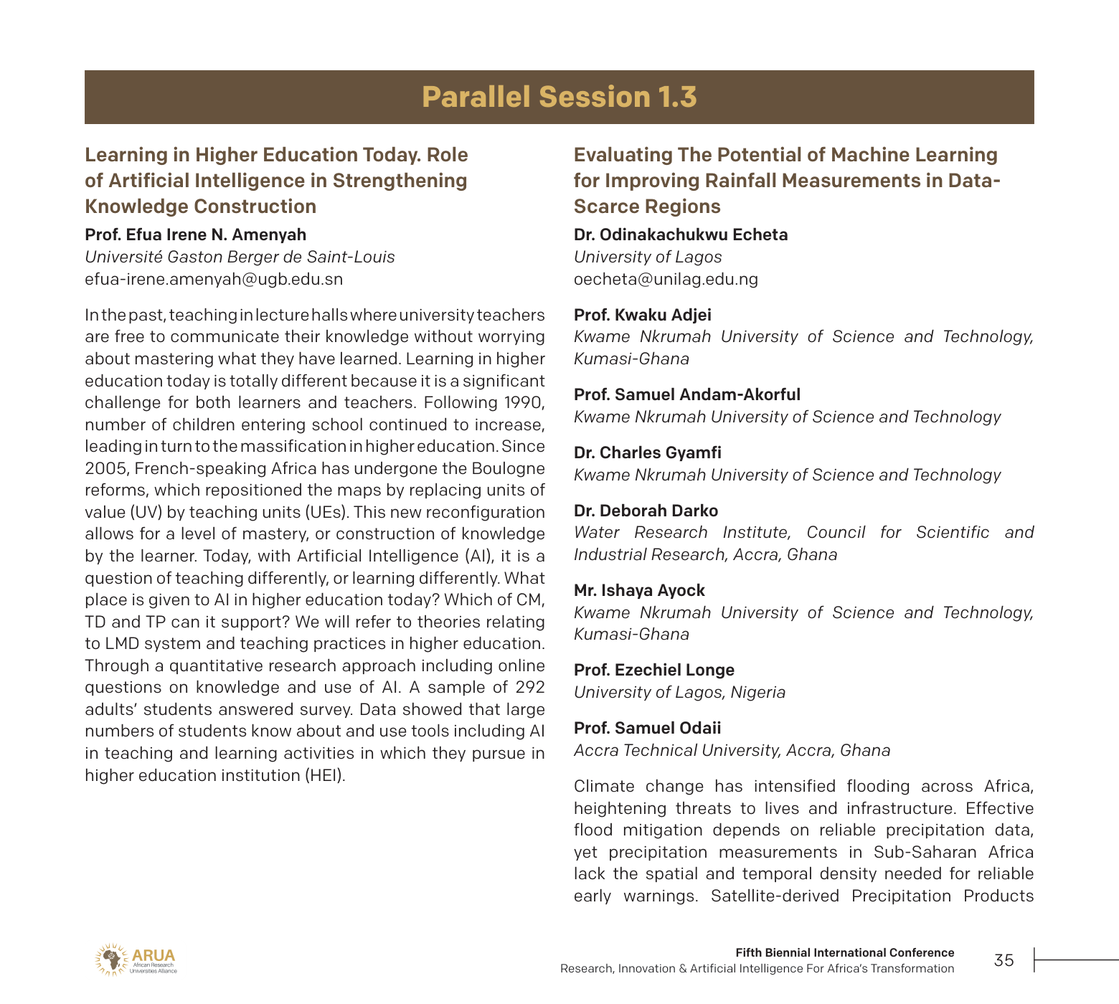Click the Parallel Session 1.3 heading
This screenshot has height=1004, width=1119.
click(x=559, y=98)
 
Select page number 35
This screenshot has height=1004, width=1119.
click(x=1004, y=960)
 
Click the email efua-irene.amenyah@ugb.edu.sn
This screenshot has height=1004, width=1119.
click(x=214, y=279)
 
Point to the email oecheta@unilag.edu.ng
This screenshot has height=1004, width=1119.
click(x=666, y=279)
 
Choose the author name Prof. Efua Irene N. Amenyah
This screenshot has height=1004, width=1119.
click(x=195, y=235)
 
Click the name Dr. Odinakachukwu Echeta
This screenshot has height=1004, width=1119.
click(x=680, y=235)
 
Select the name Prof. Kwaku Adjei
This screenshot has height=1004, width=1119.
click(x=642, y=315)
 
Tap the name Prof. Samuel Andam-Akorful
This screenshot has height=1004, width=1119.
click(x=686, y=394)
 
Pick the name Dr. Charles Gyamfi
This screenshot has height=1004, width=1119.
click(x=647, y=453)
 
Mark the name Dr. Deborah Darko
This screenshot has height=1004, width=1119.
click(x=646, y=511)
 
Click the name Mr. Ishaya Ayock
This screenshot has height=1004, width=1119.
click(x=639, y=590)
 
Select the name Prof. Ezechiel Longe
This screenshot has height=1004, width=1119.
click(x=653, y=670)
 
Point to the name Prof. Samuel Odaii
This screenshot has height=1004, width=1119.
click(x=647, y=728)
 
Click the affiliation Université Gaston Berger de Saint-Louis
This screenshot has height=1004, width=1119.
click(x=240, y=257)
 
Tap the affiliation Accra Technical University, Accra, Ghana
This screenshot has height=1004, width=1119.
click(x=732, y=750)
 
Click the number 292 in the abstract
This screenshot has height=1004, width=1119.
click(x=529, y=687)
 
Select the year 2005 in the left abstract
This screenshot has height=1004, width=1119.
click(x=106, y=468)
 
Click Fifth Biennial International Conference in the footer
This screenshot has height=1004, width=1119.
click(x=844, y=952)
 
